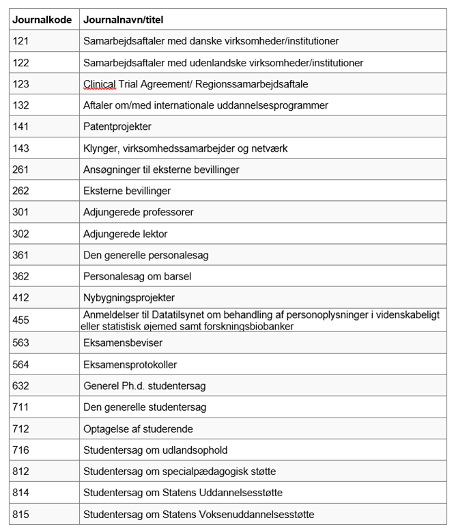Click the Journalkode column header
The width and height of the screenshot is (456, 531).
click(42, 20)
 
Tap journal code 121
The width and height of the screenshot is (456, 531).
click(20, 41)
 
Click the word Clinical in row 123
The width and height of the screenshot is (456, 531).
click(100, 84)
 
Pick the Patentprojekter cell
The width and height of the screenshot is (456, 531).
click(117, 126)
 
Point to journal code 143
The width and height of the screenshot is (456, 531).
click(20, 148)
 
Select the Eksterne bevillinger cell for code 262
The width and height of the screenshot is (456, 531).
click(127, 191)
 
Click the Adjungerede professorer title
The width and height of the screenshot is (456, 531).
click(139, 212)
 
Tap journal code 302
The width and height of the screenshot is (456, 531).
click(20, 234)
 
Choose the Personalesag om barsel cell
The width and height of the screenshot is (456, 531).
click(137, 277)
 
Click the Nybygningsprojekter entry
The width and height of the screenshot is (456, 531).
click(129, 298)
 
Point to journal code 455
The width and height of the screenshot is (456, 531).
click(20, 320)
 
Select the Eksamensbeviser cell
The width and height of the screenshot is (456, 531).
click(123, 342)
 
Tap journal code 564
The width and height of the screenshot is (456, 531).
click(20, 364)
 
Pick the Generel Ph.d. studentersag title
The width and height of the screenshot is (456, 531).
click(144, 386)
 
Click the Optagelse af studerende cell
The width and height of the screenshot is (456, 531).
click(138, 429)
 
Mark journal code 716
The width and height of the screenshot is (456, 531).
click(20, 450)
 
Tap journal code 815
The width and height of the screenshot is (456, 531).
click(20, 514)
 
